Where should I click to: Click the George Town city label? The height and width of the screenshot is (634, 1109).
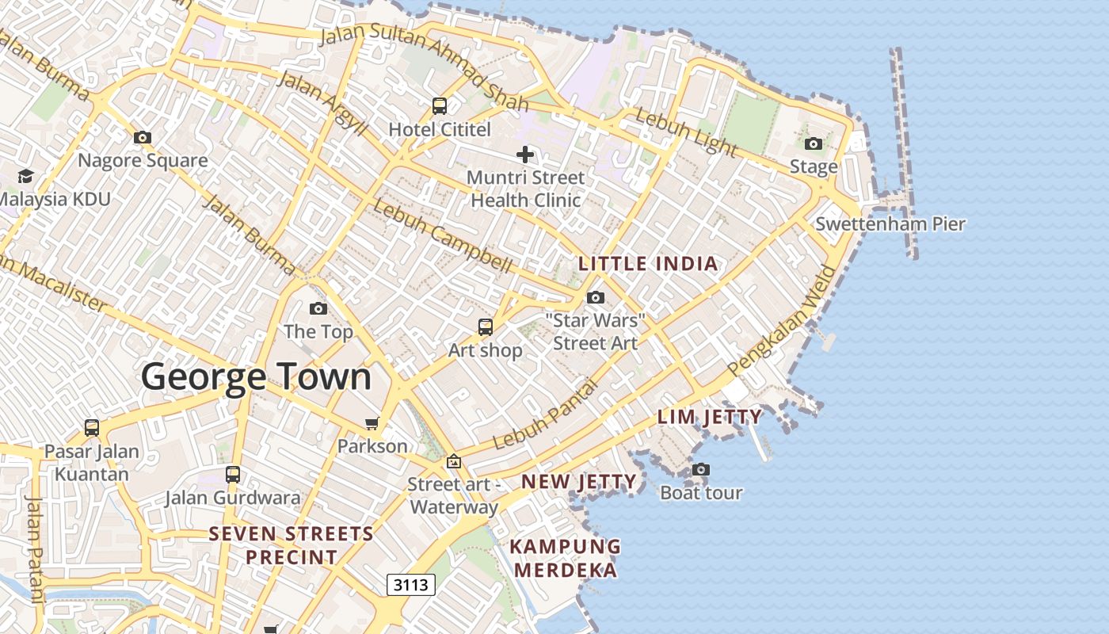(x=256, y=376)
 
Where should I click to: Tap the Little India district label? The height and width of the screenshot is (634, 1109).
(x=648, y=264)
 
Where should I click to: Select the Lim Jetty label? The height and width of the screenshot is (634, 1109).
(x=709, y=417)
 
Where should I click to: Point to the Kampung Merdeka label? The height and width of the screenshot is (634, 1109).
(x=563, y=558)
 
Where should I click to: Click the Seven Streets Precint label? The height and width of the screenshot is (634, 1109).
(x=292, y=545)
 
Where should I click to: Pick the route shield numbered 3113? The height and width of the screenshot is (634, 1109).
(x=411, y=585)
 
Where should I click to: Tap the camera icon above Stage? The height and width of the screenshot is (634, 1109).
(x=814, y=143)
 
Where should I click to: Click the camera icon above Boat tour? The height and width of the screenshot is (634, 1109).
(x=701, y=469)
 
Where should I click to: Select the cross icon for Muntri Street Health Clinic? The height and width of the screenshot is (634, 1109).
(x=524, y=154)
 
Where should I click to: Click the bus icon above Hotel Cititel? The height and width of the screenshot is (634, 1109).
(x=440, y=105)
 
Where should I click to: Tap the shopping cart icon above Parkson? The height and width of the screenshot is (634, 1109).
(x=372, y=423)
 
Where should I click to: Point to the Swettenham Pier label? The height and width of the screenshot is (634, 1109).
(x=890, y=223)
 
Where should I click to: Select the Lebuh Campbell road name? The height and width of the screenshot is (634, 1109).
(x=442, y=236)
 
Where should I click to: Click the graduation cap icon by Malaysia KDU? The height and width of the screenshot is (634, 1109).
(x=26, y=175)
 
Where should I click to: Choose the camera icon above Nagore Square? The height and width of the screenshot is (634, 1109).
(x=143, y=137)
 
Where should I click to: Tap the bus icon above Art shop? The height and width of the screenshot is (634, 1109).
(x=485, y=327)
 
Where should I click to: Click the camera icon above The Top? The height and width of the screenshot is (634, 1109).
(x=318, y=308)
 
